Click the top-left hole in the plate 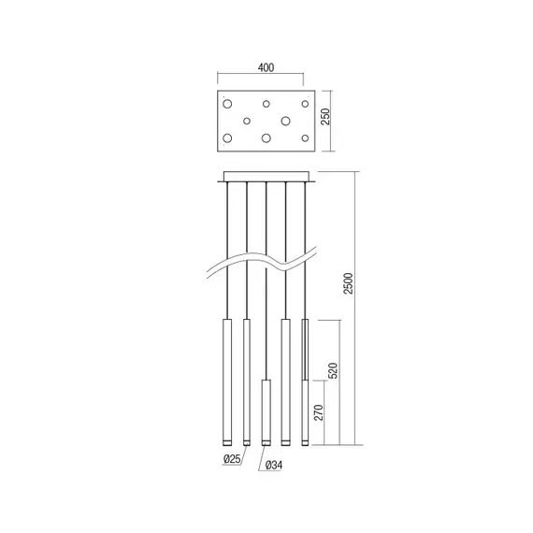click(227, 102)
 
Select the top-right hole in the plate click(305, 102)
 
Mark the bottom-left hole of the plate click(227, 138)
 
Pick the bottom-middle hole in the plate click(266, 138)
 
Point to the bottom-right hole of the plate click(305, 138)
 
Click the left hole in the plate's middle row click(247, 120)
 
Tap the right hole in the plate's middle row click(286, 120)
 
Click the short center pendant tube click(266, 411)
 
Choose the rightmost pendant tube click(305, 350)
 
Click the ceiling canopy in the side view click(266, 176)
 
